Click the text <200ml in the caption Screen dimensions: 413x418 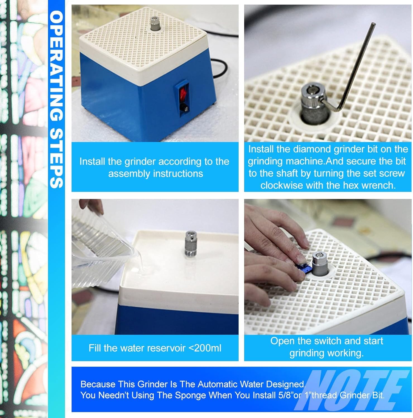[x=205, y=348]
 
